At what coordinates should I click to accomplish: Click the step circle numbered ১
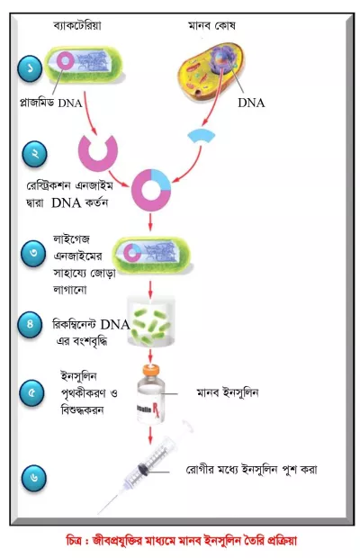tap(31, 68)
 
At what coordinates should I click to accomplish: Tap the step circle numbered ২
tap(35, 154)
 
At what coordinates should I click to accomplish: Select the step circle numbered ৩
tap(33, 254)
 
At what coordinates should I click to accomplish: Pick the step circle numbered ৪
tap(31, 324)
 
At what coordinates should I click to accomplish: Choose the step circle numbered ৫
tap(31, 393)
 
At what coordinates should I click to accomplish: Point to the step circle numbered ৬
tap(34, 478)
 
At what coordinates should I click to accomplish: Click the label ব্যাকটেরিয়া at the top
tap(77, 25)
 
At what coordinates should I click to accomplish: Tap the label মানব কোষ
tap(211, 25)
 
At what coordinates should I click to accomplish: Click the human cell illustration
tap(211, 72)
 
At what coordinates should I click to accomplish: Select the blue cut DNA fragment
tap(202, 135)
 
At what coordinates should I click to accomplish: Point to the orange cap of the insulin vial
tap(151, 371)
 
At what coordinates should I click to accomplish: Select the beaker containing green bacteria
tap(151, 321)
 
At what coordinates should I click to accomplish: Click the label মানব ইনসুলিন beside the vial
tap(228, 392)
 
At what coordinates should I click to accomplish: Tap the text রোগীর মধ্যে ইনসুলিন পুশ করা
tap(251, 470)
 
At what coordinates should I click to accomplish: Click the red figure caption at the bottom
tap(181, 540)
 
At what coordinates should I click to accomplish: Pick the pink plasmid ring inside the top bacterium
tap(66, 60)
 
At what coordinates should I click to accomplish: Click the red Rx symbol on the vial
tap(156, 409)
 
